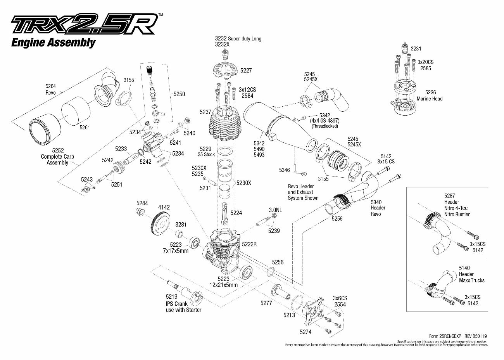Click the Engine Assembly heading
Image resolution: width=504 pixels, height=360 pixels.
[54, 43]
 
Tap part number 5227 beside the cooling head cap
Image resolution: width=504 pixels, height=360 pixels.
[246, 71]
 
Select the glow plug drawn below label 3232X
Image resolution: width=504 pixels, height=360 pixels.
[224, 54]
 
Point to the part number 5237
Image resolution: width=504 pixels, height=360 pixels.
[205, 112]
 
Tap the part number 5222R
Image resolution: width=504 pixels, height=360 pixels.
[249, 244]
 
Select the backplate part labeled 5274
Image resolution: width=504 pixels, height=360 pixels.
[314, 312]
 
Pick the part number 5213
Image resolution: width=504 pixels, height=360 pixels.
[289, 315]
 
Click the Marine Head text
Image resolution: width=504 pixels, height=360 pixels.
[430, 99]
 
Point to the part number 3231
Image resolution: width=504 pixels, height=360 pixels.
[416, 48]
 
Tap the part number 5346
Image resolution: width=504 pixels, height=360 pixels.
[285, 170]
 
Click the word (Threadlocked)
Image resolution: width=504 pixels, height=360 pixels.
[324, 126]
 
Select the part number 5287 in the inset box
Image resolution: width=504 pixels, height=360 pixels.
[450, 196]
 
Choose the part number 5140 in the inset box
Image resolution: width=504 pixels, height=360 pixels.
[464, 268]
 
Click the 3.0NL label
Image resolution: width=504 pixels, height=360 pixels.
[275, 210]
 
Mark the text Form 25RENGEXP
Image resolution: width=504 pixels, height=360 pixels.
[445, 336]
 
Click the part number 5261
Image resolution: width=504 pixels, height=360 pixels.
[85, 127]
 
